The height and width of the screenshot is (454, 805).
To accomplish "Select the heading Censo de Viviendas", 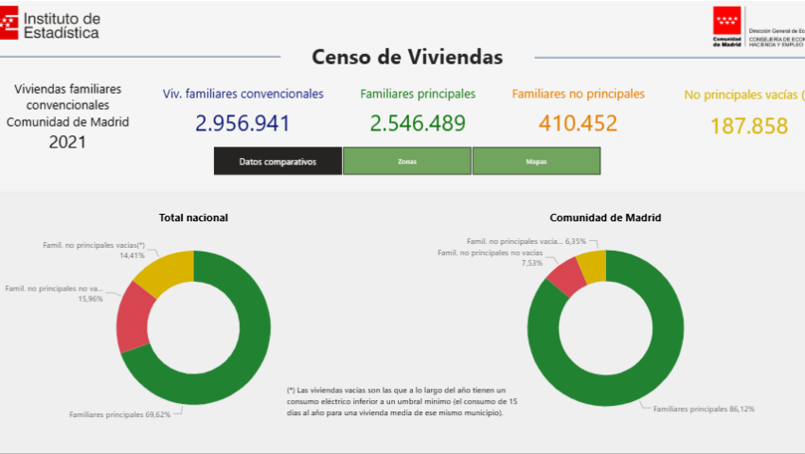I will tap(407, 57).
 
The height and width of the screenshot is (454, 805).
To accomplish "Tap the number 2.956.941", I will tap(243, 123).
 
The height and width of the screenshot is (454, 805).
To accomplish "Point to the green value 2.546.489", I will tap(418, 123).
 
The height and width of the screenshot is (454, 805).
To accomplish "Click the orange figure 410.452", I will tap(578, 123).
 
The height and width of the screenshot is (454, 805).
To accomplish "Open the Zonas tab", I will tap(406, 162).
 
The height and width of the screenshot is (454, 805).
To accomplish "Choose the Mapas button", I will tap(536, 162).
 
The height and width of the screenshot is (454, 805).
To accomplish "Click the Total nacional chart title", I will tap(193, 218).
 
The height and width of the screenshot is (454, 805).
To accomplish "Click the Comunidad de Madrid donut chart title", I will tap(605, 218).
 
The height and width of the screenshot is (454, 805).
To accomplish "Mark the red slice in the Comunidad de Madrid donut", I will tap(566, 276).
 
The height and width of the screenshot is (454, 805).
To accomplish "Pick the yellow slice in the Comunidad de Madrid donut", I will tap(592, 266).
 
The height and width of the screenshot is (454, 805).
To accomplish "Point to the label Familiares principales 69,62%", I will tap(119, 414).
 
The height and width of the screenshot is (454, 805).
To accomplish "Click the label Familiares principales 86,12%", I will tap(704, 409).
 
